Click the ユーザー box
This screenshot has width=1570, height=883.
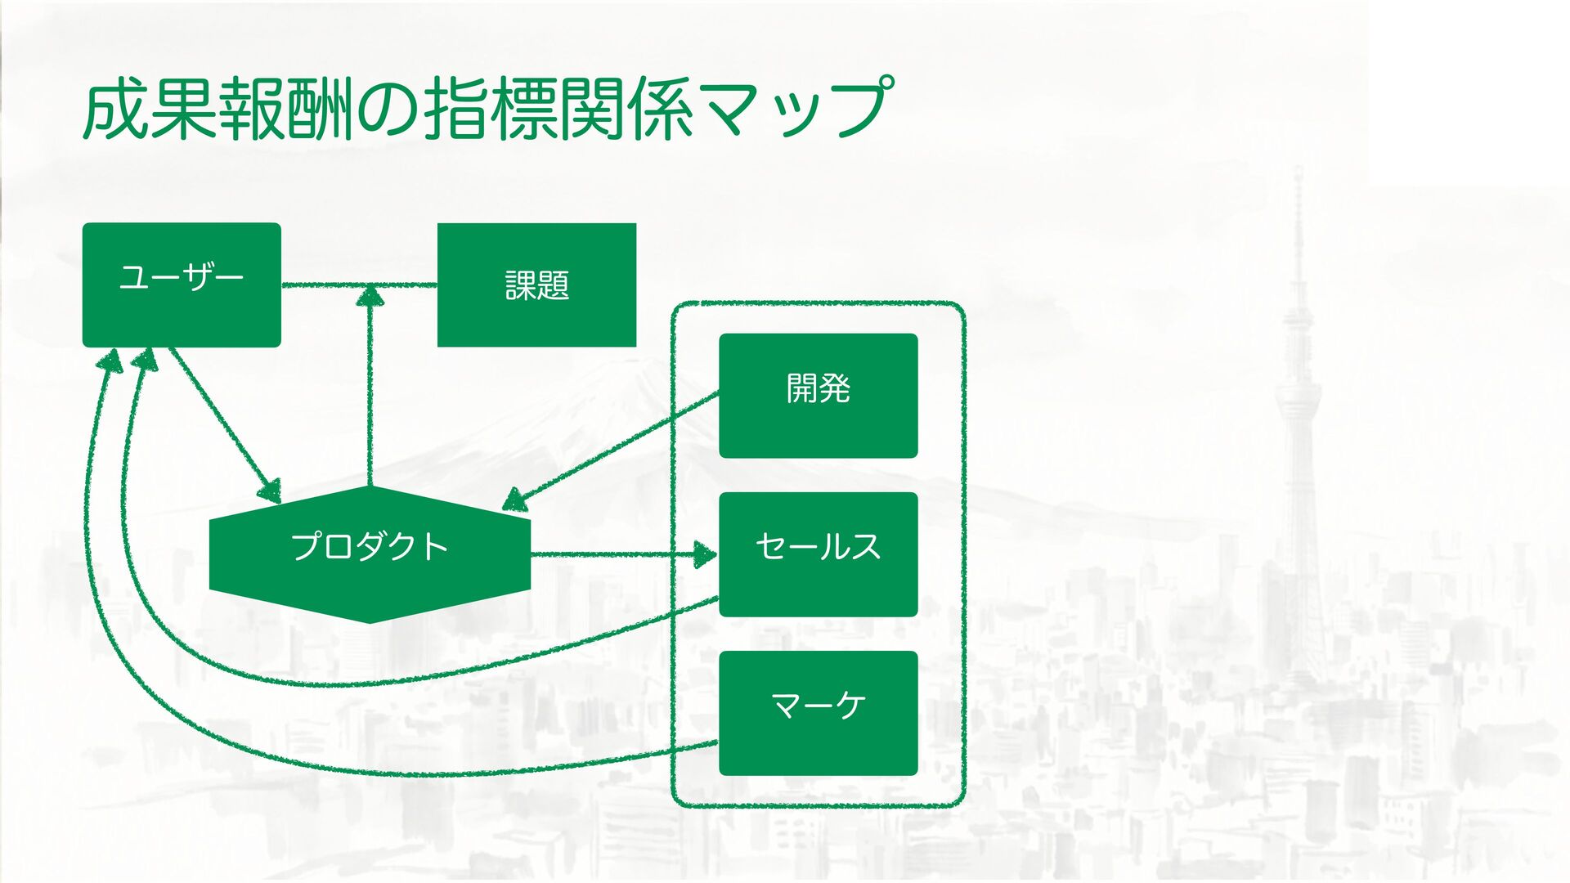pyautogui.click(x=182, y=285)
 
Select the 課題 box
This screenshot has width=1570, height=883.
pyautogui.click(x=536, y=285)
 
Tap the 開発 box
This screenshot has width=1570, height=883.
pyautogui.click(x=818, y=395)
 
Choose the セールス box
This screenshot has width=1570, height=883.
pyautogui.click(x=818, y=554)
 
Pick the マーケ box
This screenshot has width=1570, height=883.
pyautogui.click(x=818, y=713)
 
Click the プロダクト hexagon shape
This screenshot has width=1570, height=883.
pyautogui.click(x=370, y=554)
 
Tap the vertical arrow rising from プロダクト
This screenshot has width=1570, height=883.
pyautogui.click(x=370, y=392)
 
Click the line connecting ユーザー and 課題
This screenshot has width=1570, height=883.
pyautogui.click(x=327, y=285)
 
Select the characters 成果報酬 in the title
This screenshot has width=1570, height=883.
pyautogui.click(x=217, y=108)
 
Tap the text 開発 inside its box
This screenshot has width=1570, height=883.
pyautogui.click(x=818, y=388)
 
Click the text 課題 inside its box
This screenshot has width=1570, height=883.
pyautogui.click(x=536, y=286)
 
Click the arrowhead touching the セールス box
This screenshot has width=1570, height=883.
pyautogui.click(x=705, y=554)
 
